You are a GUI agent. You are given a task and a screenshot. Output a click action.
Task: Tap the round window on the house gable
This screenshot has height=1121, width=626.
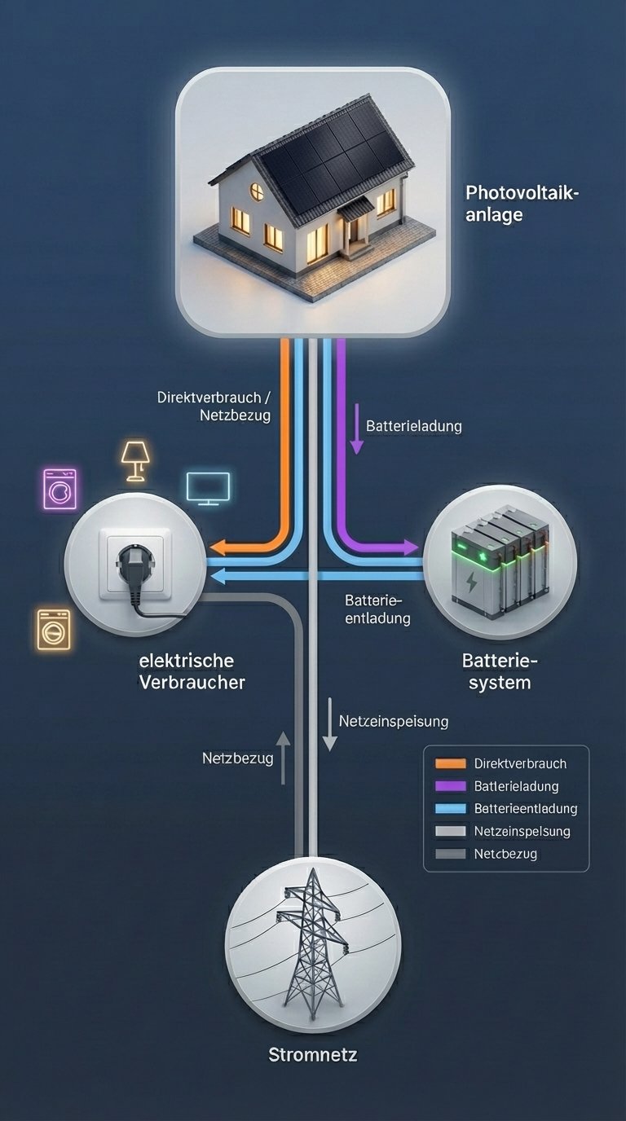(x=257, y=191)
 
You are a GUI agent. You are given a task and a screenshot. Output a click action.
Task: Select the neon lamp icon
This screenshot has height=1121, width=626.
(x=136, y=460)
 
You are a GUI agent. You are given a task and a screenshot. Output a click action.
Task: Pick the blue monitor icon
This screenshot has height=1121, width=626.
(x=209, y=488)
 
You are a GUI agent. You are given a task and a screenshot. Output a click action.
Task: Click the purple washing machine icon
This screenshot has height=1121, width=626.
(x=60, y=489)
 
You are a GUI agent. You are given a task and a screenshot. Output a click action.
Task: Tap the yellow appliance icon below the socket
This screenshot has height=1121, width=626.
(x=54, y=629)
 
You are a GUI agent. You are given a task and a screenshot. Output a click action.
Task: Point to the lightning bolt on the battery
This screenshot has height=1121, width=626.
(x=472, y=582)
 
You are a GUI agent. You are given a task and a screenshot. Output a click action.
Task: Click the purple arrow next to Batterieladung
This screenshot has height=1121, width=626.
(x=356, y=429)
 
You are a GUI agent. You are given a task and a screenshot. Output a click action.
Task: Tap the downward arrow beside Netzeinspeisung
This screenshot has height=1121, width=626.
(x=329, y=723)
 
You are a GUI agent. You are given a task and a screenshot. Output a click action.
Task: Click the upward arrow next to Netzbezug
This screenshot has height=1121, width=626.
(x=283, y=758)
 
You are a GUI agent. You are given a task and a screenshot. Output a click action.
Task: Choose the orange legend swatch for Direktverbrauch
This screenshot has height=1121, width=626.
(x=450, y=763)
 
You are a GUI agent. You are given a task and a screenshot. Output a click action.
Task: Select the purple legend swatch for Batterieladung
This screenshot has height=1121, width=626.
(x=450, y=786)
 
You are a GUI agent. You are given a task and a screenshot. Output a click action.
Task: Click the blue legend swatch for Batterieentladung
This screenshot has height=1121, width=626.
(x=450, y=809)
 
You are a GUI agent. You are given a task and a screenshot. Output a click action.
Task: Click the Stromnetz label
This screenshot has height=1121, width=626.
(x=313, y=1055)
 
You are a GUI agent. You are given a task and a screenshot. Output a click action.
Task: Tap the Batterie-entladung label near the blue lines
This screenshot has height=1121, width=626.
(x=377, y=609)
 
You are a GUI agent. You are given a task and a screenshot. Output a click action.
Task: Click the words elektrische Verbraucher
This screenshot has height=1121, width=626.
(x=192, y=671)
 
